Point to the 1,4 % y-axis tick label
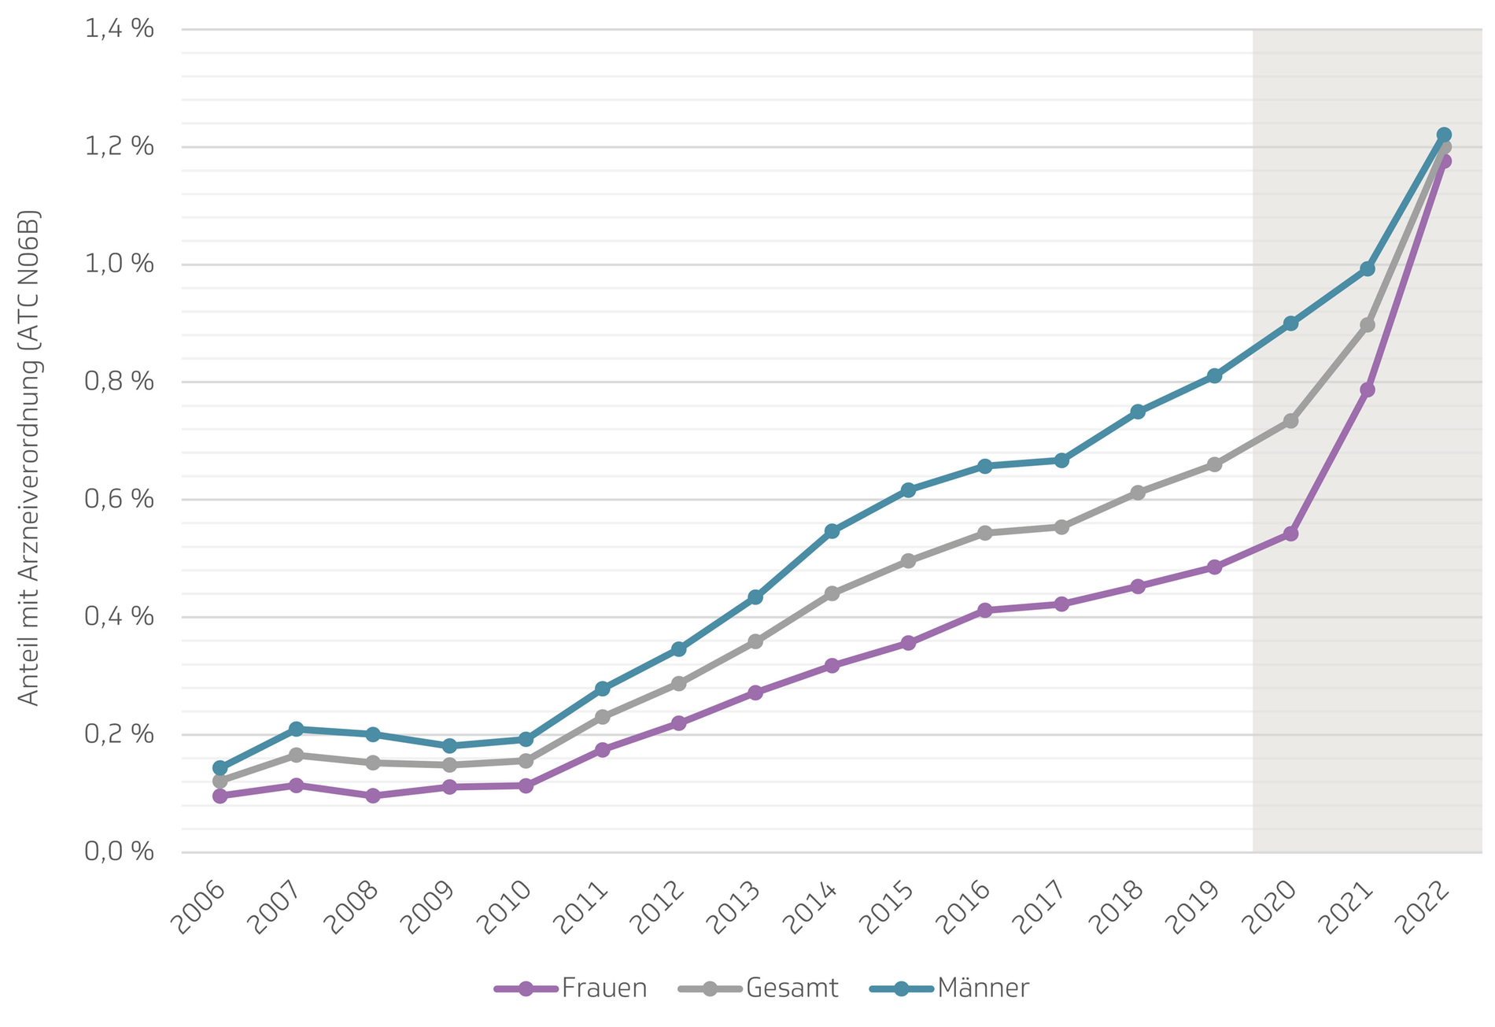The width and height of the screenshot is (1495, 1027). (119, 29)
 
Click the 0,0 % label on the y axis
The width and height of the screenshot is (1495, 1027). (119, 852)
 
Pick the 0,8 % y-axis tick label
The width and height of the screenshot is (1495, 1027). (119, 382)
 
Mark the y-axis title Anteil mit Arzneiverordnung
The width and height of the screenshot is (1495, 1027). (28, 457)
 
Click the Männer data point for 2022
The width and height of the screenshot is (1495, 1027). (1444, 135)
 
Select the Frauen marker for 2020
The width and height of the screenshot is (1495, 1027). (1290, 534)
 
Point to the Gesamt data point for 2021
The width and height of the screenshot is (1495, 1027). (1368, 324)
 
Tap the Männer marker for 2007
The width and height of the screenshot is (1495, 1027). (296, 729)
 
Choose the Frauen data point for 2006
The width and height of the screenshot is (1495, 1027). (220, 796)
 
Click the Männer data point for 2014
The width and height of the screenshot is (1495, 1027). (832, 531)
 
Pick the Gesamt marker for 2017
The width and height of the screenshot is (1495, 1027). (1061, 526)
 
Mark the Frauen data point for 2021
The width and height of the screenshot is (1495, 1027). (1368, 390)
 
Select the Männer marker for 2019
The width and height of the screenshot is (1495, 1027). (1214, 375)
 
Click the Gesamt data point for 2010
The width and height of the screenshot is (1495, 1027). (526, 760)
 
